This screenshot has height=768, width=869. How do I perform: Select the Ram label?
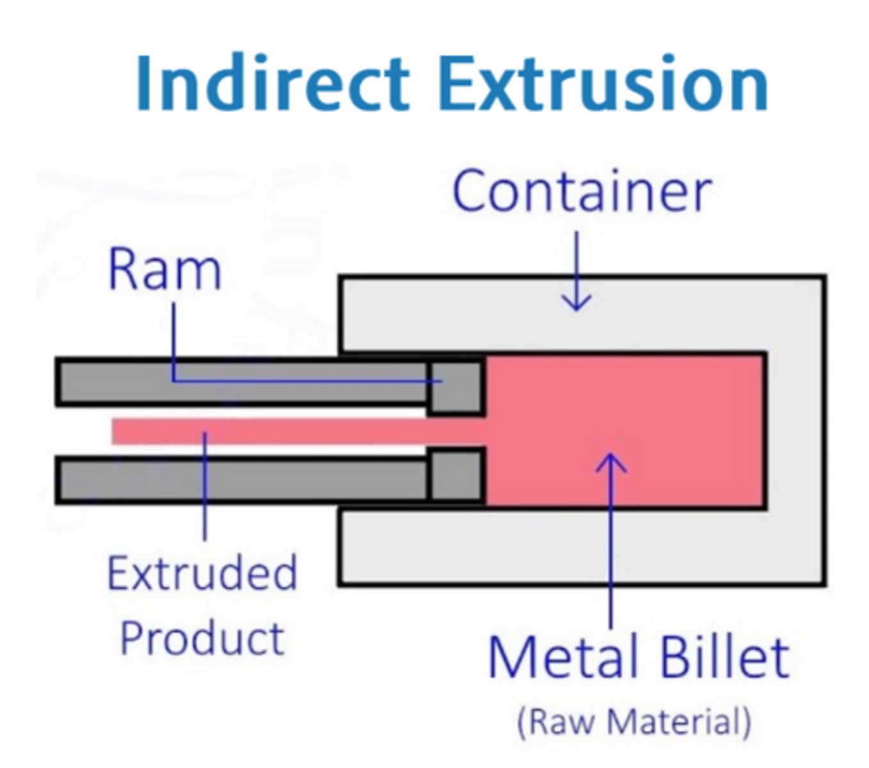[x=165, y=269]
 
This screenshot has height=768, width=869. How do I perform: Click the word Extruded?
[x=202, y=573]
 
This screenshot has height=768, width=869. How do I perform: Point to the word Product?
[x=202, y=638]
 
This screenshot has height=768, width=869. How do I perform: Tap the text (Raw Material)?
[x=633, y=721]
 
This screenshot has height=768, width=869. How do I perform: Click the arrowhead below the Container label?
[x=576, y=303]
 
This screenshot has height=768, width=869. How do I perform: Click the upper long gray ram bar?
[x=243, y=383]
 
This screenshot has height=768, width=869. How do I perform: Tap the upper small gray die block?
[x=456, y=387]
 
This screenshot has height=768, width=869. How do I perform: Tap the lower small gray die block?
[x=456, y=476]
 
